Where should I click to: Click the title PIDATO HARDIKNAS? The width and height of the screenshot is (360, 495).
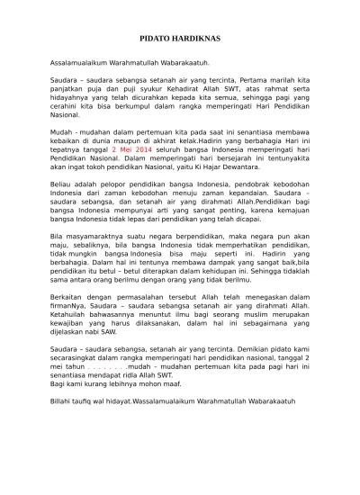pos(180,41)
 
